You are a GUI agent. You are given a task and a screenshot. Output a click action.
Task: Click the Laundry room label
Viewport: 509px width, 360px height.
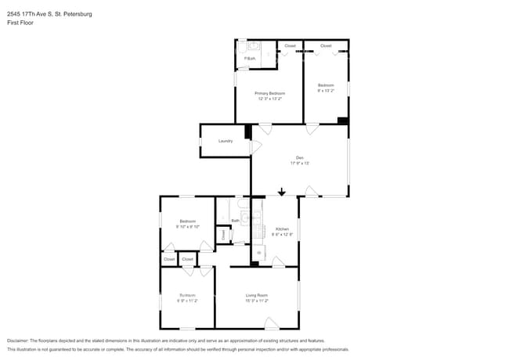pyautogui.click(x=226, y=141)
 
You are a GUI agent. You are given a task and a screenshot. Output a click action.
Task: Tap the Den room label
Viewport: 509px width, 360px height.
pyautogui.click(x=300, y=157)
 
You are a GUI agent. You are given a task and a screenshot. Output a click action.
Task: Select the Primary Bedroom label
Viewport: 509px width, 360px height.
pyautogui.click(x=269, y=93)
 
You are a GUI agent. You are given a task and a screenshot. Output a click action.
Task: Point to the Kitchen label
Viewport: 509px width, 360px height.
pyautogui.click(x=282, y=229)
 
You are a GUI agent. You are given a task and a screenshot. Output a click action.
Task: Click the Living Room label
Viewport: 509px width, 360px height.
pyautogui.click(x=257, y=295)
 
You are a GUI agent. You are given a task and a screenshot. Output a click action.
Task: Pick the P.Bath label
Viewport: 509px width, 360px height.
pyautogui.click(x=250, y=59)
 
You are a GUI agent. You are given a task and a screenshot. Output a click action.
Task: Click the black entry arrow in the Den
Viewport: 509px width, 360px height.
pyautogui.click(x=282, y=191)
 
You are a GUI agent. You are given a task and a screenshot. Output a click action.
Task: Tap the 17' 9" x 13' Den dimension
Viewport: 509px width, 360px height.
pyautogui.click(x=300, y=163)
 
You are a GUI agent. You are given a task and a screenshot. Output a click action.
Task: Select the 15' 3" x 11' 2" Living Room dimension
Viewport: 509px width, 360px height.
pyautogui.click(x=257, y=301)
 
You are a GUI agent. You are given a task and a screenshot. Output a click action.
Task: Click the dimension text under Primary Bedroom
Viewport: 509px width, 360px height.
pyautogui.click(x=269, y=99)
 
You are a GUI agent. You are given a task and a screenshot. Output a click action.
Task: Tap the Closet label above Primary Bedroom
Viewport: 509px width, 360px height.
pyautogui.click(x=290, y=46)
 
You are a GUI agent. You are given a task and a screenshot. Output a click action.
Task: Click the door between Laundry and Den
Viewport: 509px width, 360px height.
pyautogui.click(x=255, y=146)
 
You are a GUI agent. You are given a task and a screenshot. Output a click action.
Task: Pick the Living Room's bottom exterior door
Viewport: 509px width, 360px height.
pyautogui.click(x=271, y=323)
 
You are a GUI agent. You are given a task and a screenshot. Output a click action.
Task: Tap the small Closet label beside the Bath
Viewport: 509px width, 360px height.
pyautogui.click(x=223, y=233)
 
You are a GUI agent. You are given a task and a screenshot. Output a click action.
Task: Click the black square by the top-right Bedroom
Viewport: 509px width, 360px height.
pyautogui.click(x=343, y=121)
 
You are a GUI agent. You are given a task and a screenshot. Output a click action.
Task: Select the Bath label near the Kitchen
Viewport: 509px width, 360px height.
pyautogui.click(x=235, y=221)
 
